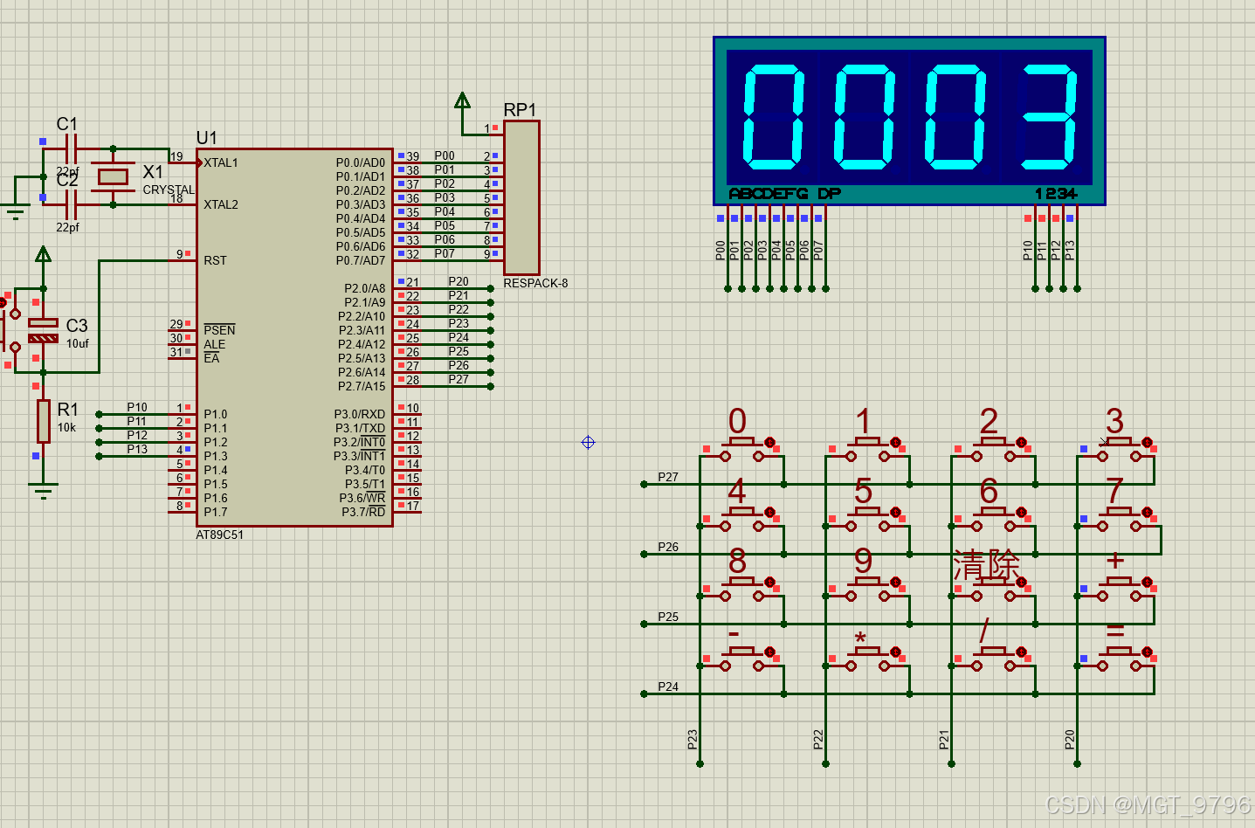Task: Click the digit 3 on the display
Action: pyautogui.click(x=1048, y=116)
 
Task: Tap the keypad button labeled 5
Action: pyautogui.click(x=867, y=519)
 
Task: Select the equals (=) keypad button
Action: pyautogui.click(x=1118, y=659)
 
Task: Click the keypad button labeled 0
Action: pyautogui.click(x=741, y=449)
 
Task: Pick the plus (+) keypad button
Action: pyautogui.click(x=1118, y=588)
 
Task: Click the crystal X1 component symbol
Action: pyautogui.click(x=114, y=177)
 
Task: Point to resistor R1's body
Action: pyautogui.click(x=43, y=421)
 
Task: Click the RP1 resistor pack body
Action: pyautogui.click(x=521, y=197)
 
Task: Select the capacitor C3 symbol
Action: pyautogui.click(x=43, y=330)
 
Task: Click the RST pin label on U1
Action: pyautogui.click(x=215, y=260)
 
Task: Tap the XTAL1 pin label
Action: pyautogui.click(x=221, y=163)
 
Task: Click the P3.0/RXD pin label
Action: pyautogui.click(x=360, y=414)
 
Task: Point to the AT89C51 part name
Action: pyautogui.click(x=219, y=535)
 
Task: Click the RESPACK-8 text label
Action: pyautogui.click(x=535, y=284)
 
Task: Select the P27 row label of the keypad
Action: pyautogui.click(x=668, y=477)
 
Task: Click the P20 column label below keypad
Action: pyautogui.click(x=1070, y=740)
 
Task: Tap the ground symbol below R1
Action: pyautogui.click(x=43, y=490)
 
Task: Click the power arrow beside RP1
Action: pyautogui.click(x=462, y=100)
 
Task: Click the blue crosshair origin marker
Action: pyautogui.click(x=588, y=443)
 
